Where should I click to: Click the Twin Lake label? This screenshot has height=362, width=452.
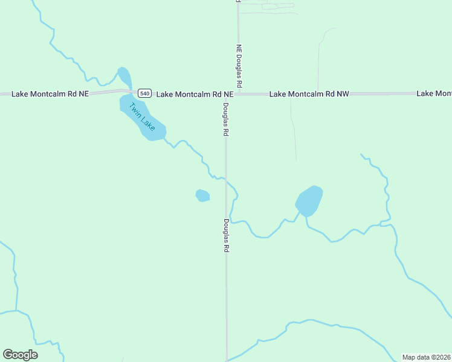click(x=142, y=117)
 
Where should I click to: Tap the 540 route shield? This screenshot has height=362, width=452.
click(x=144, y=93)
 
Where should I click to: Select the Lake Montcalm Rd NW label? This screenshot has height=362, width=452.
click(x=309, y=94)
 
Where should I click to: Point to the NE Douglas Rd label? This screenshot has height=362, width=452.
click(x=239, y=65)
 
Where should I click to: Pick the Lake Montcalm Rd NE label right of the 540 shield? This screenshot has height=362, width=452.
click(x=195, y=94)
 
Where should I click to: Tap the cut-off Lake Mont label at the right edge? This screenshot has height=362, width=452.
click(x=434, y=94)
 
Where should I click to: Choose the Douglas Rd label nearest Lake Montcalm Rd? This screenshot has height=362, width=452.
click(x=225, y=119)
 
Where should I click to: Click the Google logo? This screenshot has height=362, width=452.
click(x=20, y=355)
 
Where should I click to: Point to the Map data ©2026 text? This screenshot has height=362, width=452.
click(x=427, y=357)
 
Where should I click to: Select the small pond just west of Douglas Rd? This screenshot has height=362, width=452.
click(x=202, y=195)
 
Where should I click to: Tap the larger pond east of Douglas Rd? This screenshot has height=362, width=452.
click(x=309, y=200)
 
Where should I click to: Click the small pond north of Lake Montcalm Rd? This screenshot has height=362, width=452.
click(x=124, y=77)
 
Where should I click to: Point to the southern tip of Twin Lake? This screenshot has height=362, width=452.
click(x=154, y=138)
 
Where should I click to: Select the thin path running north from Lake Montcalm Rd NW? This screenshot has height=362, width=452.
click(x=318, y=60)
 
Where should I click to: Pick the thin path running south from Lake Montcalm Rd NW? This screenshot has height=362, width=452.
click(x=293, y=127)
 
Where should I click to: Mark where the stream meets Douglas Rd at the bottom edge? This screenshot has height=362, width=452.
click(x=227, y=360)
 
